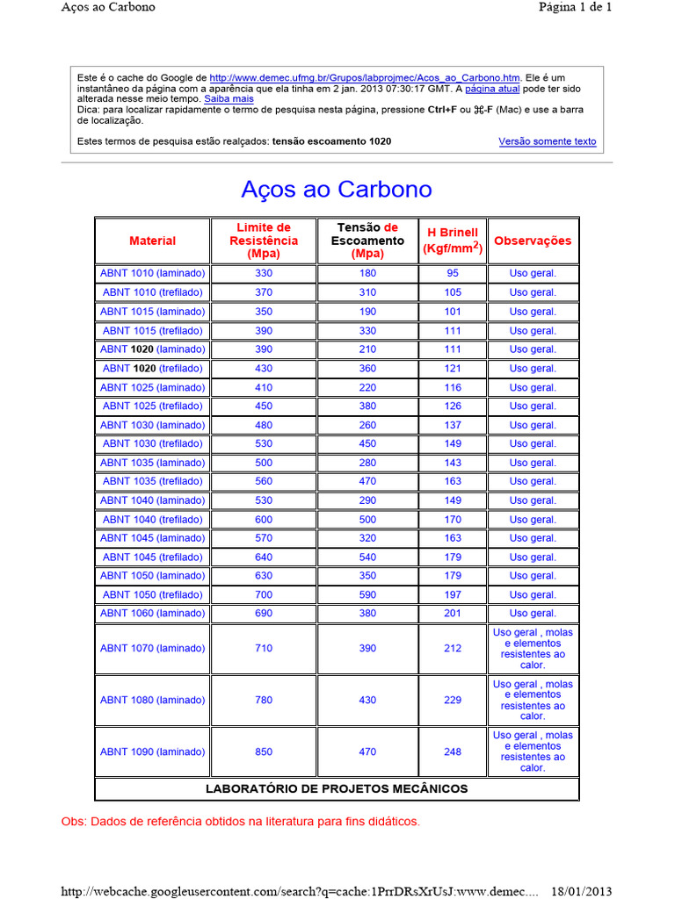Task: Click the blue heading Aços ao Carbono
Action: pyautogui.click(x=337, y=190)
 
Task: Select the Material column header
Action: pyautogui.click(x=152, y=241)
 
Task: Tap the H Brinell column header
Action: pyautogui.click(x=453, y=240)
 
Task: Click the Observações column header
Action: pyautogui.click(x=533, y=241)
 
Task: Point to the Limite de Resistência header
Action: pyautogui.click(x=264, y=240)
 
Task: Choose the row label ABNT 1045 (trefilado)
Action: pyautogui.click(x=152, y=557)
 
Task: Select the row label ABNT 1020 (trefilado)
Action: pyautogui.click(x=152, y=368)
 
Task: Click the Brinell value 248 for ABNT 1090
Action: pyautogui.click(x=453, y=752)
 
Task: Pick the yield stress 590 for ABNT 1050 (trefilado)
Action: pyautogui.click(x=367, y=594)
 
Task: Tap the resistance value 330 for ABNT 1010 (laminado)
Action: pyautogui.click(x=264, y=273)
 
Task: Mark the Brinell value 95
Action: pyautogui.click(x=453, y=273)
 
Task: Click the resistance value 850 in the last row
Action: pyautogui.click(x=264, y=752)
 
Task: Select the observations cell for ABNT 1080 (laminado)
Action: pyautogui.click(x=533, y=700)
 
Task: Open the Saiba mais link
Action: pyautogui.click(x=229, y=99)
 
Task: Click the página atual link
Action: pyautogui.click(x=492, y=89)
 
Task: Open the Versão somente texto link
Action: pyautogui.click(x=547, y=141)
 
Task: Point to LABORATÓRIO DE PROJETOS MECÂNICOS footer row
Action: pyautogui.click(x=337, y=788)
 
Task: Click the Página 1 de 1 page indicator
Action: pyautogui.click(x=575, y=7)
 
